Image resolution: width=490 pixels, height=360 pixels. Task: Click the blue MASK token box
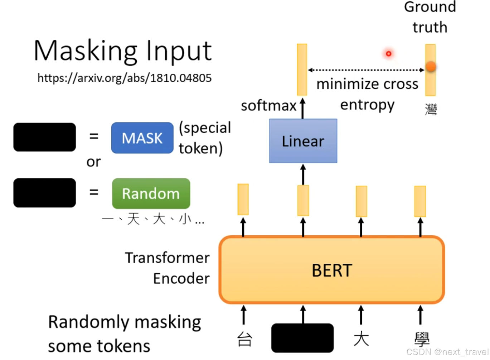[x=142, y=138]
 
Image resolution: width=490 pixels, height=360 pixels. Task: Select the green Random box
[x=151, y=193]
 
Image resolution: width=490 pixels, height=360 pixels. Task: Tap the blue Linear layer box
[x=303, y=141]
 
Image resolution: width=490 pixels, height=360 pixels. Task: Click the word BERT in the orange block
[x=332, y=270]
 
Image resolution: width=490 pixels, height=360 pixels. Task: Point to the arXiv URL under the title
[x=124, y=78]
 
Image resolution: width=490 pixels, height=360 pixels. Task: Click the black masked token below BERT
[x=302, y=338]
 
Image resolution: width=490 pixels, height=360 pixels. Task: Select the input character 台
[x=244, y=339]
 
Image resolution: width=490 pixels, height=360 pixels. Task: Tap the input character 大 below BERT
[x=361, y=339]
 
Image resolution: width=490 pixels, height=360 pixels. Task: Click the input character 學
[x=422, y=339]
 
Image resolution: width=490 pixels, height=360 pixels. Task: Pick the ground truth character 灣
[x=431, y=109]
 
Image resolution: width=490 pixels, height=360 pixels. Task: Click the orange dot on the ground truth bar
[x=431, y=67]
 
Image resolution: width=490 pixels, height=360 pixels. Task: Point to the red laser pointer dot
[x=388, y=54]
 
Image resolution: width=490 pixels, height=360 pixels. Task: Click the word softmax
[x=268, y=106]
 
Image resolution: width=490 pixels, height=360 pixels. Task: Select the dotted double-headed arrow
[x=366, y=70]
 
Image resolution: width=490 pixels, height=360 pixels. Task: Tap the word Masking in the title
[x=85, y=51]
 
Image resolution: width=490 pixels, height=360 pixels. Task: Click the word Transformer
[x=167, y=258]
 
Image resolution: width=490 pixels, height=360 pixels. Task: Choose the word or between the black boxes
[x=93, y=162]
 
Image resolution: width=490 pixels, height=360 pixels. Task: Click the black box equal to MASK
[x=45, y=137]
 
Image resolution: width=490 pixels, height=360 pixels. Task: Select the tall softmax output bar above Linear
[x=302, y=69]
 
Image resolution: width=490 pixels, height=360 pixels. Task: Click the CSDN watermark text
[x=447, y=352]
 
